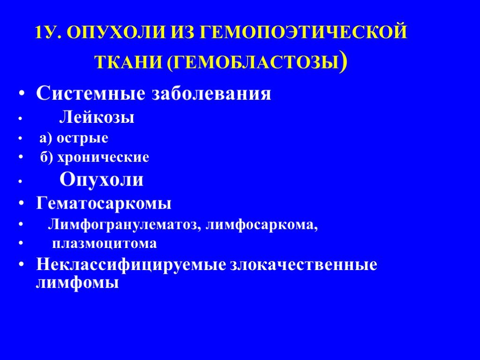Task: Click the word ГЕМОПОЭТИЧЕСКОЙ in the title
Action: click(x=304, y=32)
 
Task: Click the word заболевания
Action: click(x=211, y=94)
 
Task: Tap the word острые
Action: click(x=82, y=138)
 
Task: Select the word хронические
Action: click(x=104, y=157)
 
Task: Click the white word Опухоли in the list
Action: click(x=101, y=180)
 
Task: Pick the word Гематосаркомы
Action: click(x=104, y=203)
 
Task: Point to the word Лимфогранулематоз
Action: click(x=124, y=225)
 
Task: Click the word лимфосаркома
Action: click(x=262, y=225)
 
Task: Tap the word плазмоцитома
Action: click(x=105, y=244)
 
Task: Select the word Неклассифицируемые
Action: click(x=131, y=264)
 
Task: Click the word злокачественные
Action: click(x=304, y=264)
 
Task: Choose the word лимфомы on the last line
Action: click(x=77, y=283)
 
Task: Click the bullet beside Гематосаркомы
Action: click(x=21, y=203)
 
